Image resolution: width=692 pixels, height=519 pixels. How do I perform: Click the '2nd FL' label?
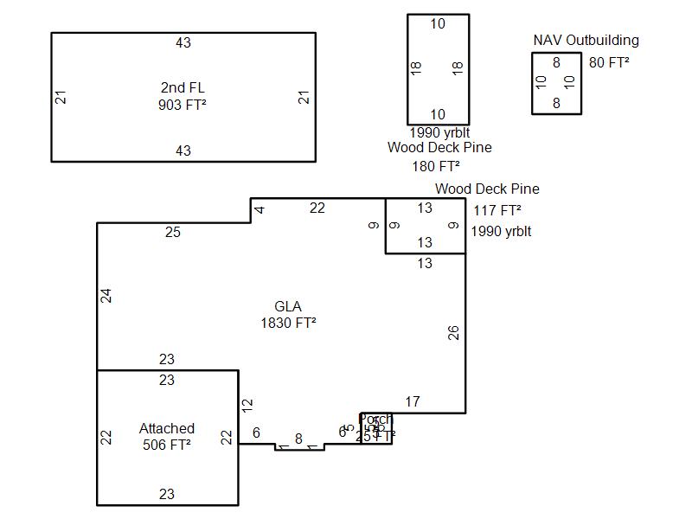point(183,87)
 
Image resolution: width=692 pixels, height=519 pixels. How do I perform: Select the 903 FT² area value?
point(183,105)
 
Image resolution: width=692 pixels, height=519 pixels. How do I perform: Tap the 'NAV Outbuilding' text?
point(586,40)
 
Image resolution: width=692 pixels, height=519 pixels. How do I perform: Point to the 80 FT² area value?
point(609,62)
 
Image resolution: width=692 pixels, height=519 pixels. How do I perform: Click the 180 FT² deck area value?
point(436,166)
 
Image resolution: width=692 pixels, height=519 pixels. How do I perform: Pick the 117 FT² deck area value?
point(497,210)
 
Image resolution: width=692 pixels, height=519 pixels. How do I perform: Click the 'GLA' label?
point(288,306)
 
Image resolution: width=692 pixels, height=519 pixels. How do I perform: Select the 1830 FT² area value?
point(288,324)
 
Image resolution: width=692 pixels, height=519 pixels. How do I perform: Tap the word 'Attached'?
point(167,428)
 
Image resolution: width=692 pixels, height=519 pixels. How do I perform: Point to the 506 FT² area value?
point(167,445)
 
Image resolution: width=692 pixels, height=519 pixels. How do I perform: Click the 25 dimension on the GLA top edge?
point(173,232)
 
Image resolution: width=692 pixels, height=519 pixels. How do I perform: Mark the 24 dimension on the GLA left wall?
point(106,296)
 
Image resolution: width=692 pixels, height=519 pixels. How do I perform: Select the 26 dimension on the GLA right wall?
point(453,332)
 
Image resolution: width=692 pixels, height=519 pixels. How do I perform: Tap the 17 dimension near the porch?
point(413,401)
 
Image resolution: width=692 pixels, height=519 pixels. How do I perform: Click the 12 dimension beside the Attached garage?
point(247,404)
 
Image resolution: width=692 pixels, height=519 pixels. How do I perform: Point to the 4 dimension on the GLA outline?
point(259,210)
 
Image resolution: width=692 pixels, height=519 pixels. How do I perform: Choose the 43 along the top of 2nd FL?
point(183,43)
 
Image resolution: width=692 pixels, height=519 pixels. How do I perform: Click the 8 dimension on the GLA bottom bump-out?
point(299,439)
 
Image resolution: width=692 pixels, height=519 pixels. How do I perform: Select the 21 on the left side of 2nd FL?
point(61,97)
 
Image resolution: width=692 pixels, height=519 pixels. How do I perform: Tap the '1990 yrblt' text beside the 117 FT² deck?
point(501,232)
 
